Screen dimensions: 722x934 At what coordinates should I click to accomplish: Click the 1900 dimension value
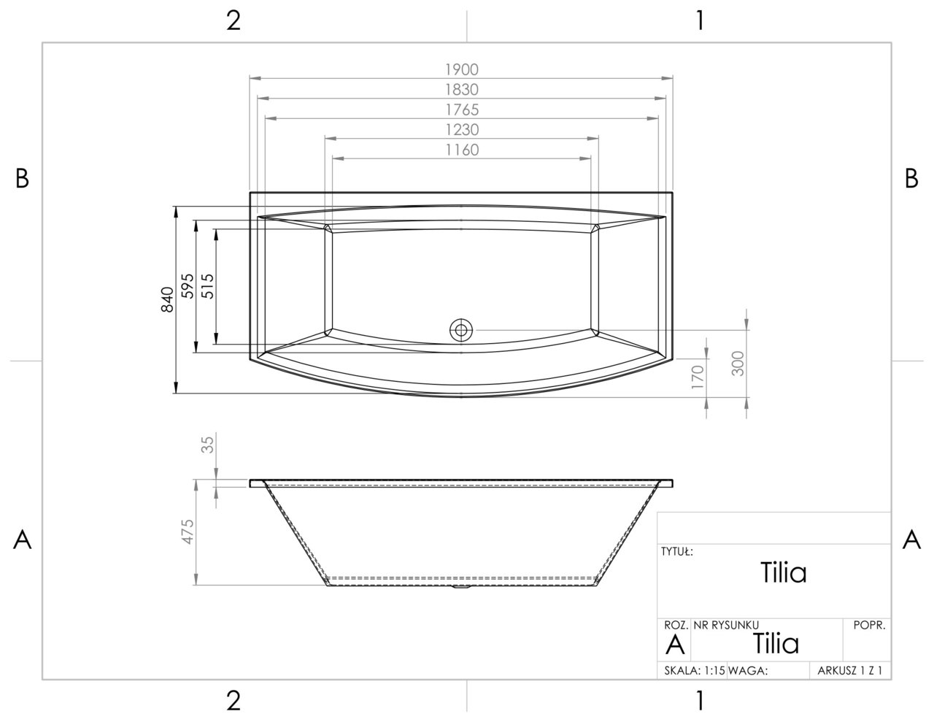pos(461,69)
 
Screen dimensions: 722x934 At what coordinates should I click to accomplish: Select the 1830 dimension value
pos(461,90)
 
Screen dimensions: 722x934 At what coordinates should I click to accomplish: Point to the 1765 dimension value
pos(461,110)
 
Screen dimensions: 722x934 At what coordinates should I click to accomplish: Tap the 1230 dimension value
pos(461,130)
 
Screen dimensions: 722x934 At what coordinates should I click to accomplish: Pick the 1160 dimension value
pos(461,150)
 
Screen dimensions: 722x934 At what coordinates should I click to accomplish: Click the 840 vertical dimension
pos(167,300)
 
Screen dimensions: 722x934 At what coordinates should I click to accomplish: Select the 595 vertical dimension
pos(187,287)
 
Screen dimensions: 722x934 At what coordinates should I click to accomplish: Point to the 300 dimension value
pos(738,363)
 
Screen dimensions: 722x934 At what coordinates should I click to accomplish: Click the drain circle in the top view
pos(461,330)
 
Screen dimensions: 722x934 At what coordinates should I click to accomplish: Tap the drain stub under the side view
pos(461,586)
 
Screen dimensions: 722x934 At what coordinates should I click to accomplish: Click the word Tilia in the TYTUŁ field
pos(783,573)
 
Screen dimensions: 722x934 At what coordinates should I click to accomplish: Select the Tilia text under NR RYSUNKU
pos(776,644)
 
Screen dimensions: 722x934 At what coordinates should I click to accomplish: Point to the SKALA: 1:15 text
pos(695,671)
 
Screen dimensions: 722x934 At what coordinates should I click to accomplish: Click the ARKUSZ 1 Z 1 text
pos(850,671)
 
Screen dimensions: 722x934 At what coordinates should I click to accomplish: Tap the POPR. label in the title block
pos(868,626)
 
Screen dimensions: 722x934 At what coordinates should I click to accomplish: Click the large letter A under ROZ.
pos(676,645)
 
